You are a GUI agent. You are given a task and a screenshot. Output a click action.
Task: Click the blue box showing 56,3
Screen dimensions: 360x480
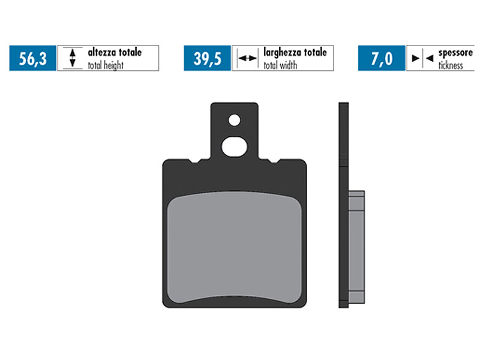(x=32, y=58)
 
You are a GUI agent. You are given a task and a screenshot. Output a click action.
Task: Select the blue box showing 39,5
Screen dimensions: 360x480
(x=207, y=58)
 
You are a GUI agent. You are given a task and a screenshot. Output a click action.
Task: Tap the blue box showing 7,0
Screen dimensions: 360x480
(x=382, y=58)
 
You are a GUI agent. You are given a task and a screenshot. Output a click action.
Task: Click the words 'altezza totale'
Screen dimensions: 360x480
(x=115, y=53)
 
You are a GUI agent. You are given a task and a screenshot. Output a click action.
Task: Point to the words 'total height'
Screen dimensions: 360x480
(x=106, y=65)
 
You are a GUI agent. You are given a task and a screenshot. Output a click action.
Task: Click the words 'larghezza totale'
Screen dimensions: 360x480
(x=295, y=53)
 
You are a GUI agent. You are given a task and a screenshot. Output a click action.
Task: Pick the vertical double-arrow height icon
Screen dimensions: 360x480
(x=72, y=58)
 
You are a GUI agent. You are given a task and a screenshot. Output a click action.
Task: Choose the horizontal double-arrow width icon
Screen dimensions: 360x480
(x=247, y=58)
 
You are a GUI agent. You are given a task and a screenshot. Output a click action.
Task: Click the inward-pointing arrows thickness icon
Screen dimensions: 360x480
(x=422, y=58)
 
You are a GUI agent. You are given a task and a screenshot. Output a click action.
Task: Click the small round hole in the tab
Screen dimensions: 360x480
(x=234, y=120)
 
